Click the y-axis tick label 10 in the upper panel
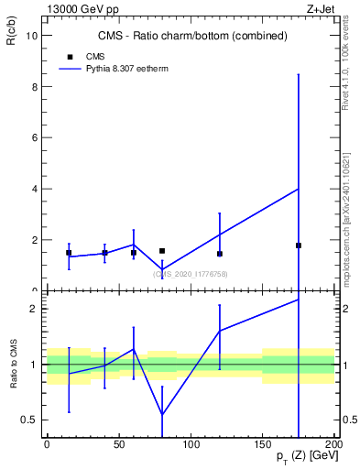coord(30,36)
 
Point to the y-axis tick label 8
coord(33,87)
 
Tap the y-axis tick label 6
coord(33,137)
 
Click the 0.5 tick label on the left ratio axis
coord(29,420)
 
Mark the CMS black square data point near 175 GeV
coord(299,245)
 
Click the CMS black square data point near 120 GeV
coord(220,254)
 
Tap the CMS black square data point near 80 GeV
coord(162,251)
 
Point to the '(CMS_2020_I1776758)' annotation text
coord(191,274)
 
